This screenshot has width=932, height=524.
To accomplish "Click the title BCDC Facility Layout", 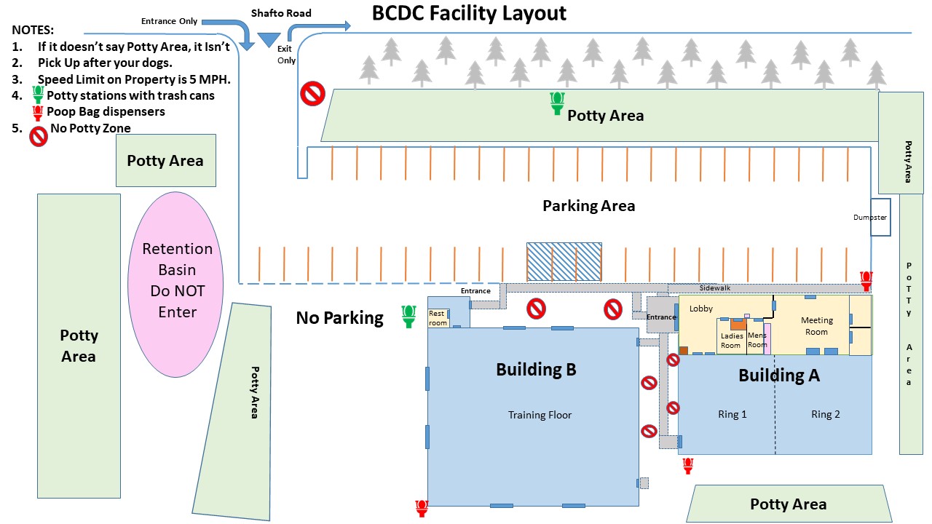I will tap(469, 14).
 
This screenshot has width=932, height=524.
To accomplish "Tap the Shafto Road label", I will tap(281, 13).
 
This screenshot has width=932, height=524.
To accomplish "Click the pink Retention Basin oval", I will tap(178, 280).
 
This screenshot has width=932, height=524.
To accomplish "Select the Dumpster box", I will tap(880, 217).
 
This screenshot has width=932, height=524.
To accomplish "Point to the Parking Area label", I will tap(588, 206).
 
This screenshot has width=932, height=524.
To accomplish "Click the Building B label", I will tap(536, 370).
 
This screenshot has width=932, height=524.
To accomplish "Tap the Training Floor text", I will tap(540, 415).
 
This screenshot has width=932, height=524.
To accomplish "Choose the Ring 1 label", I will tap(732, 414).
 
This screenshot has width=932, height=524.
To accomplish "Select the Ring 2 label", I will tap(826, 414).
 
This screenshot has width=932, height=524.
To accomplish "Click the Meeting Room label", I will tap(816, 326).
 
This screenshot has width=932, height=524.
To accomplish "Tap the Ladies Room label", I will tap(731, 341).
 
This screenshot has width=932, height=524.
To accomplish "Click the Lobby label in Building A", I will tap(701, 309).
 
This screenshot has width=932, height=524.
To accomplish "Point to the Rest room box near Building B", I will tap(438, 319).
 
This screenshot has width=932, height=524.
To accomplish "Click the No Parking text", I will tap(339, 318).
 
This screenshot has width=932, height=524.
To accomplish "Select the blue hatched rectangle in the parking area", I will tap(564, 261).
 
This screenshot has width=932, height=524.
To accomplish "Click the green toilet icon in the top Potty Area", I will tap(558, 103).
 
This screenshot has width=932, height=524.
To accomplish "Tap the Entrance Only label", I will tap(169, 21).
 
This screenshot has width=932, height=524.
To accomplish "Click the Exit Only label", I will tap(285, 55).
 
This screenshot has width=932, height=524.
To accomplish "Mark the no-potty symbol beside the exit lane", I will tap(313, 93).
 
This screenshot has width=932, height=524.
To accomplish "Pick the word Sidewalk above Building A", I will tap(714, 288).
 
